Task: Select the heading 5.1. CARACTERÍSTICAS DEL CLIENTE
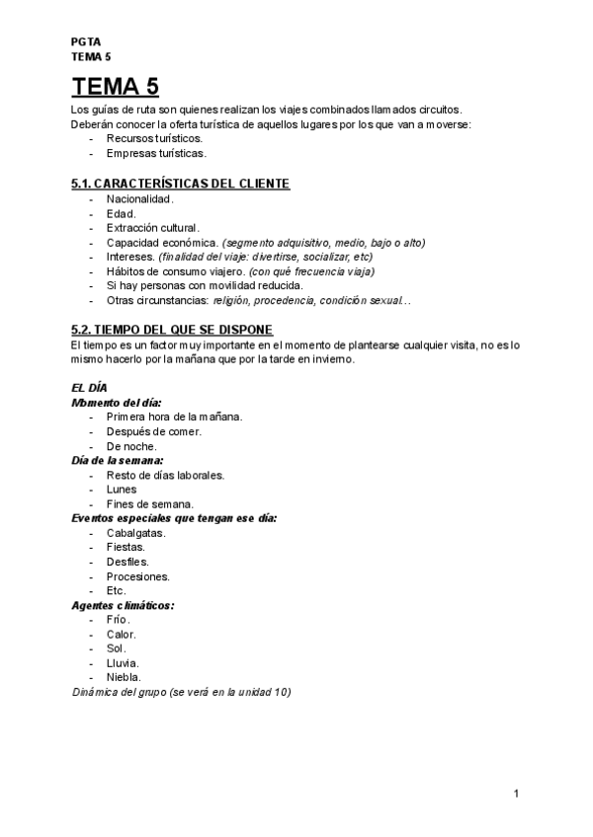coord(181,184)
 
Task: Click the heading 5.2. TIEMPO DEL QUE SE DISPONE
coord(173,329)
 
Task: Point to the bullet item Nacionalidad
coord(140,198)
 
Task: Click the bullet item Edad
coord(122,213)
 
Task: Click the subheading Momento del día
coord(117,403)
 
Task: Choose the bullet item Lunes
coord(122,489)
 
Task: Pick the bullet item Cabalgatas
coord(135,532)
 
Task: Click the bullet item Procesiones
coord(137,575)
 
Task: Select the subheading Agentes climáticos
coord(124,605)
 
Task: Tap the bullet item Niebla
coord(124,677)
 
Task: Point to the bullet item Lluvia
coord(123,663)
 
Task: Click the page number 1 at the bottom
coord(517,794)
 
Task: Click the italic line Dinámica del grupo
coord(182,692)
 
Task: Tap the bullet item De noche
coord(130,446)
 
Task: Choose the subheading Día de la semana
coord(118,460)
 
